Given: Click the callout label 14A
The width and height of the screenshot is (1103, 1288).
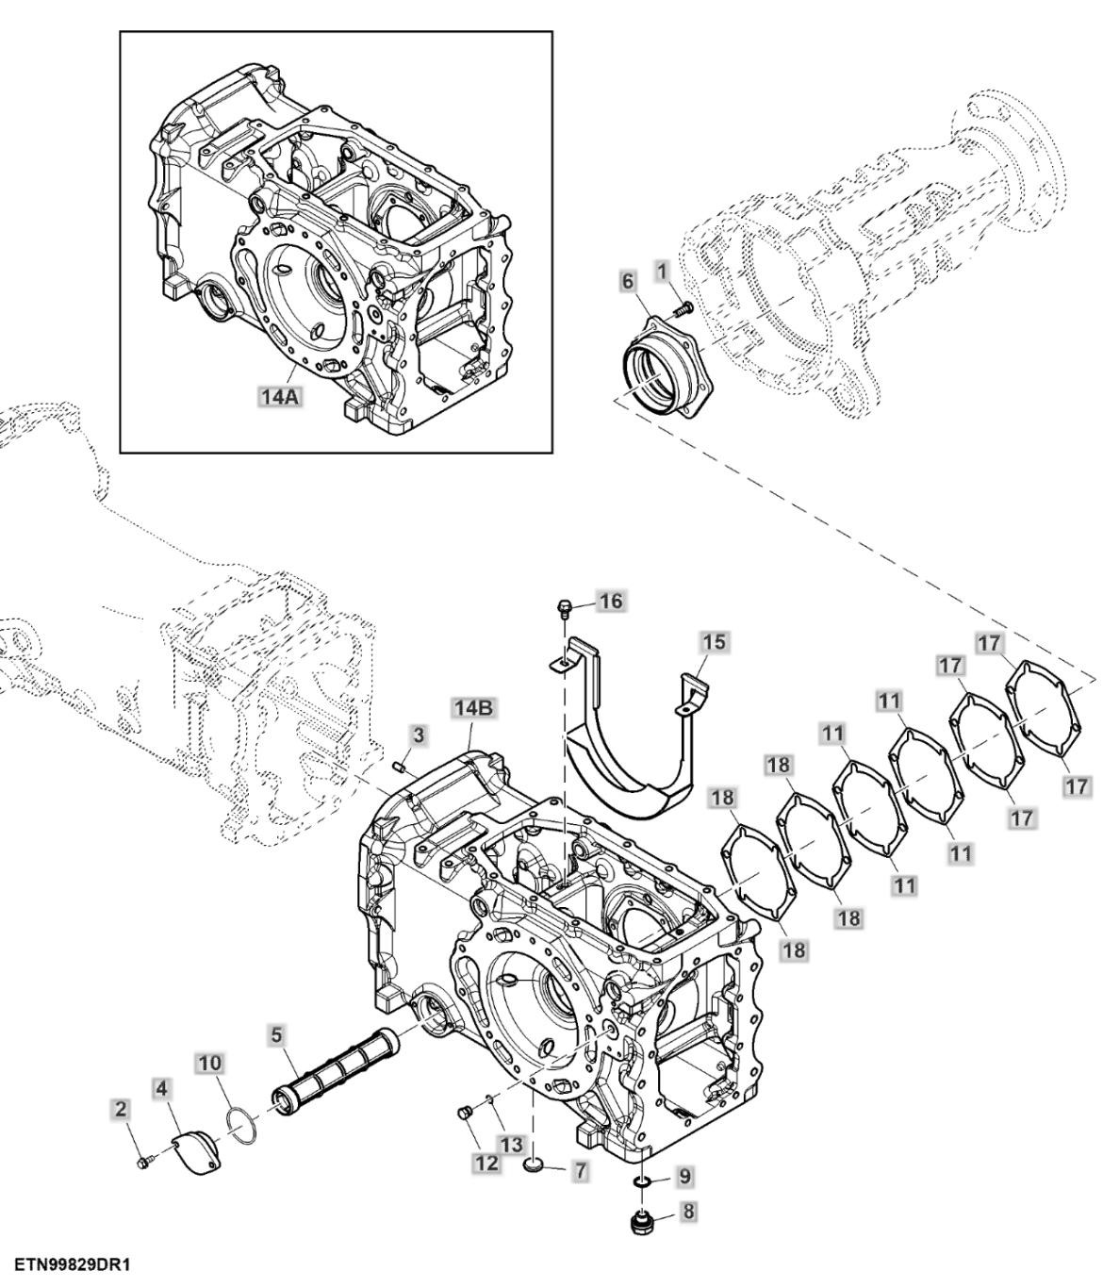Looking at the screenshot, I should coord(279,397).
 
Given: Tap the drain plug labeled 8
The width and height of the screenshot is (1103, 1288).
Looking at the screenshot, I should coord(645,1224).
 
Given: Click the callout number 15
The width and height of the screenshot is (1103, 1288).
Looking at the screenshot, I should coord(715,642).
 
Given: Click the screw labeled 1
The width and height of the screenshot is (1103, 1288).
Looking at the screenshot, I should coord(682,306).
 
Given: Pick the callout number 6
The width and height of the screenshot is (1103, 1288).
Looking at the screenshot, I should coord(628,281).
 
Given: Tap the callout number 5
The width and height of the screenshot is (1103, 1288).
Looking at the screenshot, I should coord(276,1036).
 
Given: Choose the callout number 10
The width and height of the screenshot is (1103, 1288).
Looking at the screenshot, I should coord(210,1064).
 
